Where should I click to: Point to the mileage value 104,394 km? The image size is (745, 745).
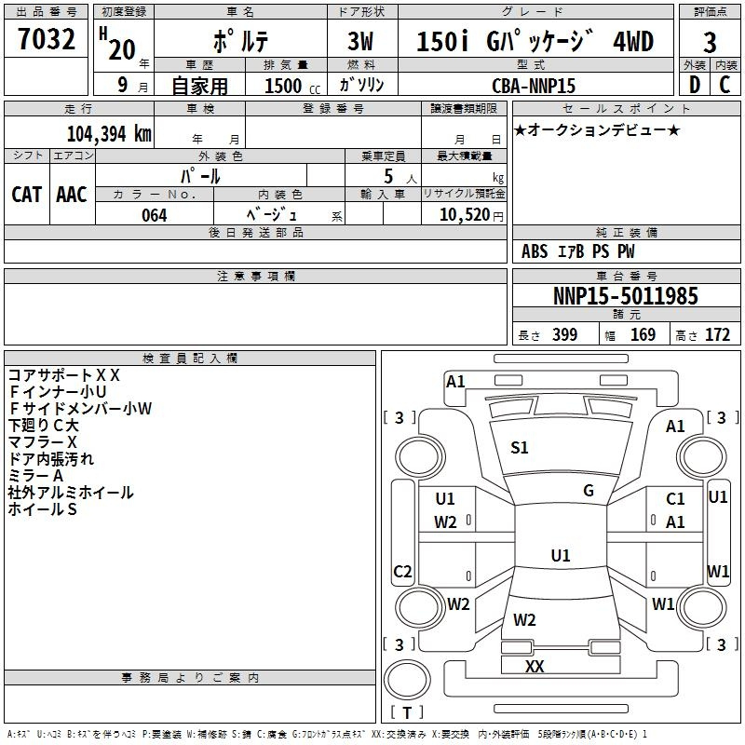[109, 133]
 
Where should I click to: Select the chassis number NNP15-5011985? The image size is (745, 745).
[626, 296]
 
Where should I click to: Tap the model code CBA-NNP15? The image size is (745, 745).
[534, 86]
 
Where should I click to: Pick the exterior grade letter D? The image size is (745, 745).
[694, 85]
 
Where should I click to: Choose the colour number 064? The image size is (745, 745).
[155, 215]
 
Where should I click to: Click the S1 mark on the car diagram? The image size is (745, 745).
[520, 448]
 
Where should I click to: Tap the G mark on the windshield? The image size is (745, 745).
[589, 491]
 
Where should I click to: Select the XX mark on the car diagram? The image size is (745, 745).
[535, 667]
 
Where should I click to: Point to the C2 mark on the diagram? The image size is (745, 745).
[402, 572]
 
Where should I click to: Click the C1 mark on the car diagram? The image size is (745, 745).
[675, 500]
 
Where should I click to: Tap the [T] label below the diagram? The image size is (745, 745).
[407, 713]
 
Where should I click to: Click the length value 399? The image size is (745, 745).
[564, 335]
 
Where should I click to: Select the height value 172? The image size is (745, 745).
[717, 335]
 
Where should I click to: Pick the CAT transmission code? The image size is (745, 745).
[26, 194]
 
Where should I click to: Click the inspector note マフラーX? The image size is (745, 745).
[43, 441]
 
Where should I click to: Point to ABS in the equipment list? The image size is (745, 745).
[535, 251]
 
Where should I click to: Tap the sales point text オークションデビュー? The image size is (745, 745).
[597, 129]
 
